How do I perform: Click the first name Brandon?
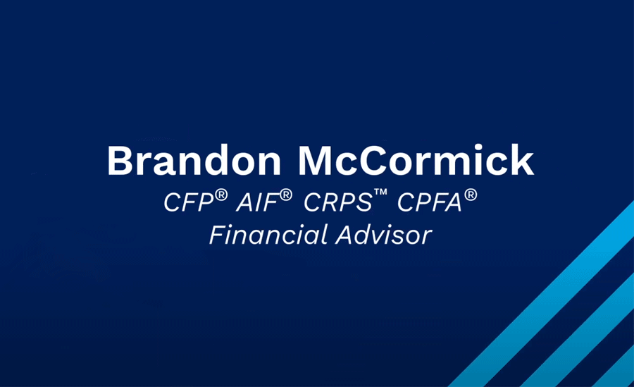point(194,160)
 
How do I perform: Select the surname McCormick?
point(416,160)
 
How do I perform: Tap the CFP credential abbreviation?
point(188,202)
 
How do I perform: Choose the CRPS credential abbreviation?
point(337,202)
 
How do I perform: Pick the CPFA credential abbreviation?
point(430,202)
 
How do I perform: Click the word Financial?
point(269,235)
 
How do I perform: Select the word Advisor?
point(383,235)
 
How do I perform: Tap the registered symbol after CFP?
point(221,195)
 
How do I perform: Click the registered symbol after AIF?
point(285,195)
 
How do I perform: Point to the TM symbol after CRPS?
point(380,192)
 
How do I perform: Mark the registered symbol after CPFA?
point(471,195)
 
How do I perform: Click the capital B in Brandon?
point(120,160)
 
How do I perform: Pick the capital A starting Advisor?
point(347,235)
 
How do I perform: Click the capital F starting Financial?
point(218,235)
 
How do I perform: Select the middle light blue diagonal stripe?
point(578,330)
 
